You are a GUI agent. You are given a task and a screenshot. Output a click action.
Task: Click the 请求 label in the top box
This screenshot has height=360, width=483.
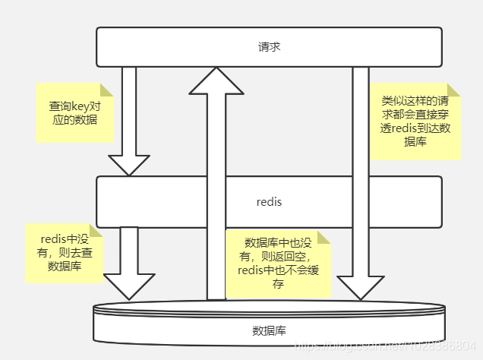point(269,46)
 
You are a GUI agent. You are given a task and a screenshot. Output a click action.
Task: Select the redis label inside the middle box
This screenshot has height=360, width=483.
point(269,202)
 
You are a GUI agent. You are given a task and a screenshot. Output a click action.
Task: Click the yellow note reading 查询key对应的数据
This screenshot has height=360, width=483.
point(74,112)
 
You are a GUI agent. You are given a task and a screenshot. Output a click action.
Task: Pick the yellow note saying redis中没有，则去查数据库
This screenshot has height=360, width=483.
point(64,253)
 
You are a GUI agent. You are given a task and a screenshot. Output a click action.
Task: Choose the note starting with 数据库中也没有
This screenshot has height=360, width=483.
point(278,264)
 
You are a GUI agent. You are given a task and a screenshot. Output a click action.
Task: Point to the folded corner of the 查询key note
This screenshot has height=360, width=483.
point(107,90)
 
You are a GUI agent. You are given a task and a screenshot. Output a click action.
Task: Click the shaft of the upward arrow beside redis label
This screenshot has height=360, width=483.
point(216,202)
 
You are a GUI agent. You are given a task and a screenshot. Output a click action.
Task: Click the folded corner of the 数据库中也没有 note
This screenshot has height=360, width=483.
point(324,238)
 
